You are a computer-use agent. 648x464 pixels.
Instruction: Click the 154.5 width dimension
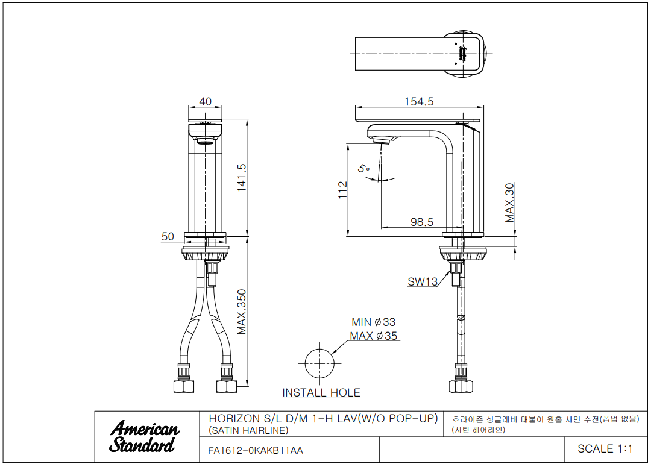[419, 102]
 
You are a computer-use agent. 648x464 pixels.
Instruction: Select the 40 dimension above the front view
[206, 102]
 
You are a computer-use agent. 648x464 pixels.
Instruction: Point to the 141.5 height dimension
[242, 177]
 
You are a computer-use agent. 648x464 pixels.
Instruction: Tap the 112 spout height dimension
[342, 190]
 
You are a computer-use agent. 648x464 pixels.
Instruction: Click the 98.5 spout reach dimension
[422, 222]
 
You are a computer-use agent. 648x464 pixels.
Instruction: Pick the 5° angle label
[363, 169]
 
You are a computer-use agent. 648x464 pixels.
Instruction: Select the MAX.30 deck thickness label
[510, 202]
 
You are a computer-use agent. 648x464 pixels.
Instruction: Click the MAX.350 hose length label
[242, 312]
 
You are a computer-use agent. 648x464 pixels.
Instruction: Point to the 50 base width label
[168, 237]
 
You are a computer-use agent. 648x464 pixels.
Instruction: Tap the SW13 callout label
[423, 282]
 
